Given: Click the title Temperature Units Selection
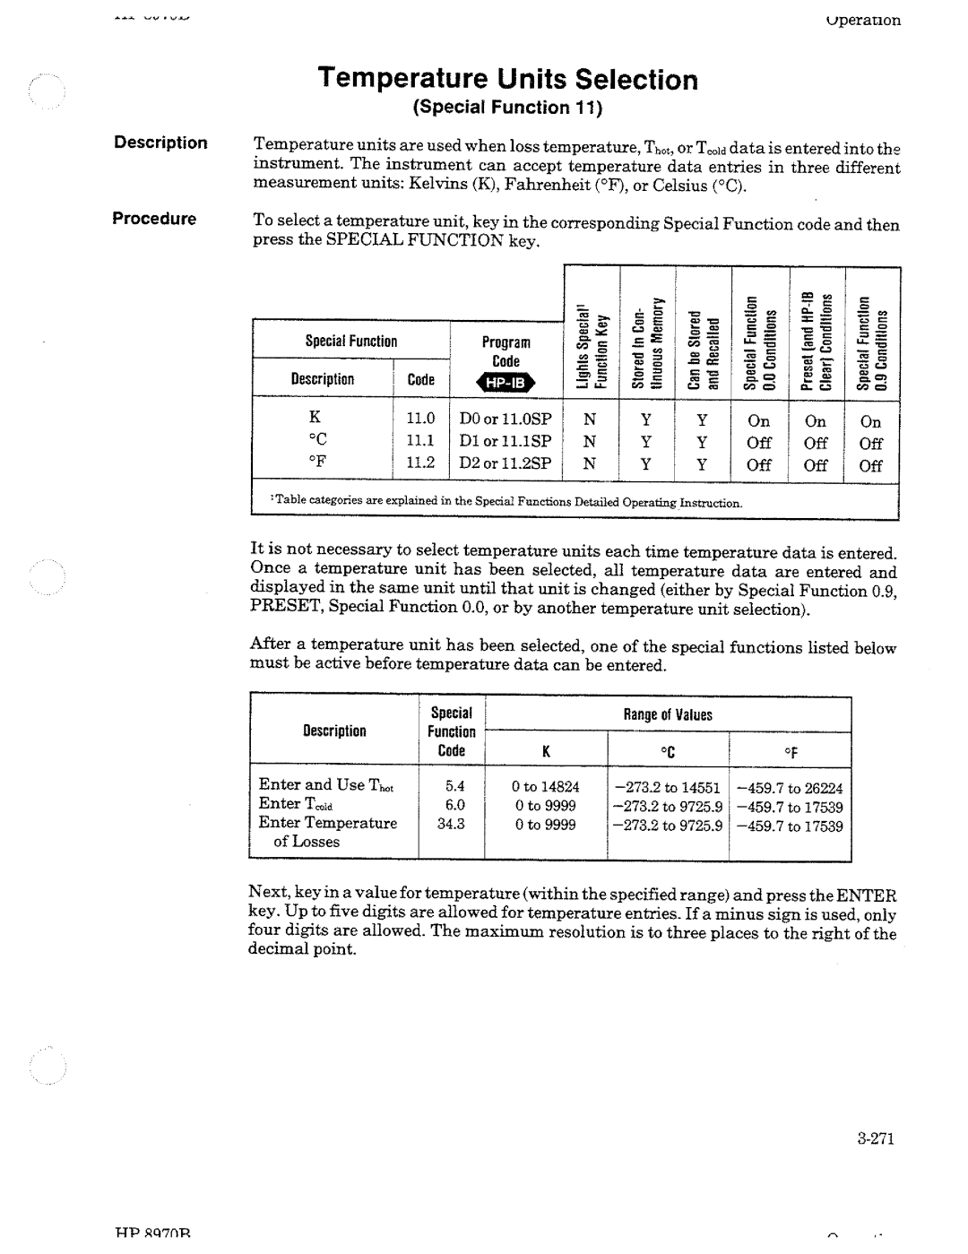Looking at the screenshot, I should click(507, 80).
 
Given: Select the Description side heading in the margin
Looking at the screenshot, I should click(160, 143).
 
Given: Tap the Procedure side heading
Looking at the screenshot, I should click(153, 220).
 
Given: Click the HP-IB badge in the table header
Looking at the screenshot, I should click(507, 384).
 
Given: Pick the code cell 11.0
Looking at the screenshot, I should click(419, 419).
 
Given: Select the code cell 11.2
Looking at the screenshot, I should click(419, 463).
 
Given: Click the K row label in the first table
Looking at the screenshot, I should click(315, 419).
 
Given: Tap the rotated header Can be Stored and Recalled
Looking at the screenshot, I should click(702, 345).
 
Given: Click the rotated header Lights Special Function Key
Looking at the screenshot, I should click(592, 345).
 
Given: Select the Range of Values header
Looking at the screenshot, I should click(668, 715).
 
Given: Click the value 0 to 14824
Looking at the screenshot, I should click(546, 787).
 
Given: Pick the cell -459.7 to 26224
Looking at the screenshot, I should click(790, 788).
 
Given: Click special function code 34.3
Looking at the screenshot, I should click(451, 824).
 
